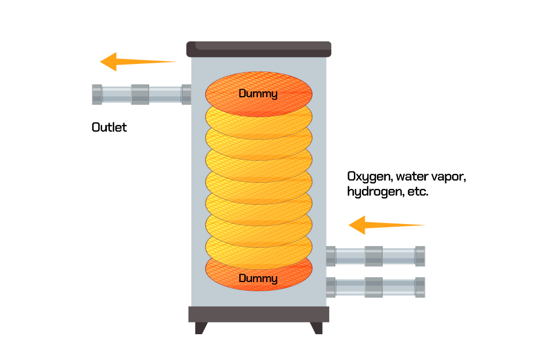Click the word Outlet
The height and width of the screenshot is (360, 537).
tap(109, 127)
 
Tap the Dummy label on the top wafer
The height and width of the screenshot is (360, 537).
tap(258, 94)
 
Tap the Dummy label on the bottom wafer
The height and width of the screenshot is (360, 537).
tap(258, 278)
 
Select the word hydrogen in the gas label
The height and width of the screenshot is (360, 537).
tap(372, 192)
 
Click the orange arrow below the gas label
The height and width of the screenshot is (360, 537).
tap(386, 225)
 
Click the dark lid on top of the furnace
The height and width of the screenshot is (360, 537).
tap(258, 49)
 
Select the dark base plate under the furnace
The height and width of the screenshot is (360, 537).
tap(258, 314)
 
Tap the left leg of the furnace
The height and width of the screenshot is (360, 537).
tap(201, 328)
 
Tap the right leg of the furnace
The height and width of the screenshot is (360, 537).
tap(317, 328)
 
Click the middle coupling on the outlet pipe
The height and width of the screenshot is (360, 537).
tap(140, 95)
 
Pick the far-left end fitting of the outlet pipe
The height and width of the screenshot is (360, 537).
tap(97, 95)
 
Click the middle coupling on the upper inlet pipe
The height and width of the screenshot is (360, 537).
tap(374, 256)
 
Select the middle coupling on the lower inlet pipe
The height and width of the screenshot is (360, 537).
tap(374, 287)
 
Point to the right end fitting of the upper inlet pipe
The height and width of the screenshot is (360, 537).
tap(420, 256)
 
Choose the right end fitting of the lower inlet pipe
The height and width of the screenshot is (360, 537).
tap(420, 287)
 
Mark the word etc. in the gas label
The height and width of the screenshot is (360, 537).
tap(417, 192)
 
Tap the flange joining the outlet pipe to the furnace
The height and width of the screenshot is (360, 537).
tap(186, 95)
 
